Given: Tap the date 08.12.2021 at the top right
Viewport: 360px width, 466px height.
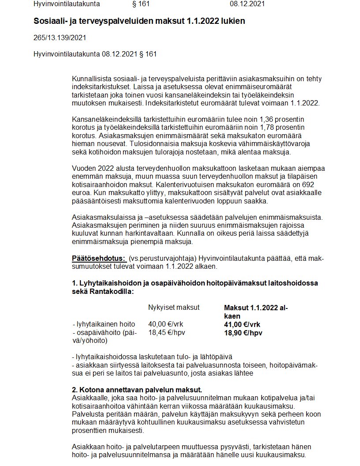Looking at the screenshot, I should click(247, 4).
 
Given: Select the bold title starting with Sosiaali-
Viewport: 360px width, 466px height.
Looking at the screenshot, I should click(139, 21).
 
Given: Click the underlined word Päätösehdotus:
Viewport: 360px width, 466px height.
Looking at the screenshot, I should click(99, 258).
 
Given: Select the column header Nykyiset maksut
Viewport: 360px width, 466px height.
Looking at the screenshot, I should click(174, 307).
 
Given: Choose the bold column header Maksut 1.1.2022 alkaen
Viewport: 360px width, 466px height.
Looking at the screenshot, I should click(256, 312).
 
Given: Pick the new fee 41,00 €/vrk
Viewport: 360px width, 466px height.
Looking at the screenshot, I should click(243, 324).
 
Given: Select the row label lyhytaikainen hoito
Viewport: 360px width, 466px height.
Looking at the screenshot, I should click(104, 324).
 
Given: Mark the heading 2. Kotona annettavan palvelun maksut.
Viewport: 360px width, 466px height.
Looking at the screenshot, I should click(137, 390).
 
